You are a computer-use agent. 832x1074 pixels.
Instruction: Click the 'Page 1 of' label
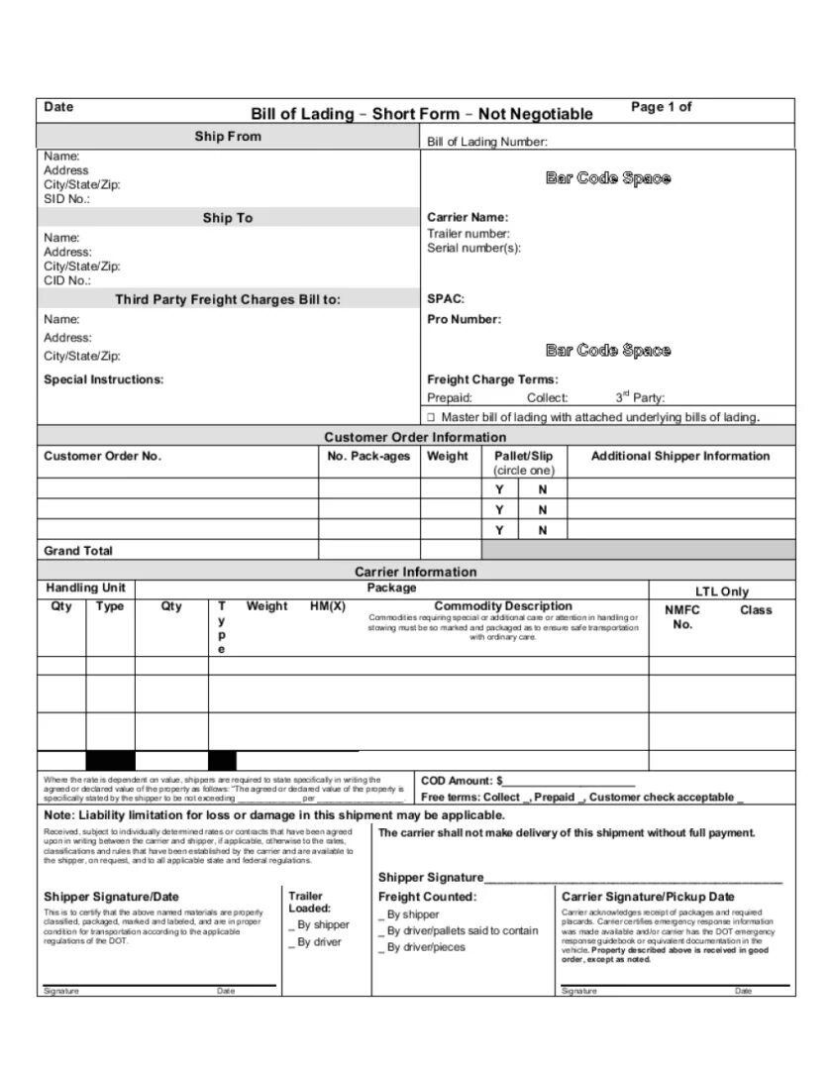click(661, 107)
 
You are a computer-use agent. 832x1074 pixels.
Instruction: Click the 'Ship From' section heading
click(228, 136)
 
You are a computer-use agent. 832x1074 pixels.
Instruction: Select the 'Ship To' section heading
click(228, 218)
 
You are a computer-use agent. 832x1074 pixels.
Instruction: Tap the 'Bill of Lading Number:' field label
click(486, 142)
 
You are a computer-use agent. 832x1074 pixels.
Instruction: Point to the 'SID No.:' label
click(66, 199)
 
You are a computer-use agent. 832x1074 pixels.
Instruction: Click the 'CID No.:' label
click(66, 280)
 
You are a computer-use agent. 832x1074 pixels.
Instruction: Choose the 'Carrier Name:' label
click(468, 217)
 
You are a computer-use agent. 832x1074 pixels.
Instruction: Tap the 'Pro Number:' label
click(464, 319)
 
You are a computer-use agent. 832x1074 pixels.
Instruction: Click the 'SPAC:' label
click(446, 298)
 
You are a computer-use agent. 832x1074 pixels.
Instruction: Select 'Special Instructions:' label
click(104, 379)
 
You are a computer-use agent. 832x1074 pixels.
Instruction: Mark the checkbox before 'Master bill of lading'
click(432, 418)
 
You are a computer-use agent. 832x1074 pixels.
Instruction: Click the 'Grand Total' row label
click(78, 551)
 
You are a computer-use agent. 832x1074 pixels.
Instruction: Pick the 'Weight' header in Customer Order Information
click(448, 457)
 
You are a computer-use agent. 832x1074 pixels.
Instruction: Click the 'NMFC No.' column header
click(682, 617)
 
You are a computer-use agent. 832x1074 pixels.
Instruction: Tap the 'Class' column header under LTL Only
click(756, 610)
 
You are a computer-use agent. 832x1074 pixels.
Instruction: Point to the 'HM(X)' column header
click(328, 606)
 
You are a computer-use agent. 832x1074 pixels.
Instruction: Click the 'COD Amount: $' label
click(462, 781)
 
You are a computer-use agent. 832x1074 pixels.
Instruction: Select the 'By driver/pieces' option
click(423, 948)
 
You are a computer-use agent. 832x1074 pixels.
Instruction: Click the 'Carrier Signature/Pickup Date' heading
click(648, 897)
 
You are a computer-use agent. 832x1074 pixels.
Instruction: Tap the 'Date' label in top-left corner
click(59, 107)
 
